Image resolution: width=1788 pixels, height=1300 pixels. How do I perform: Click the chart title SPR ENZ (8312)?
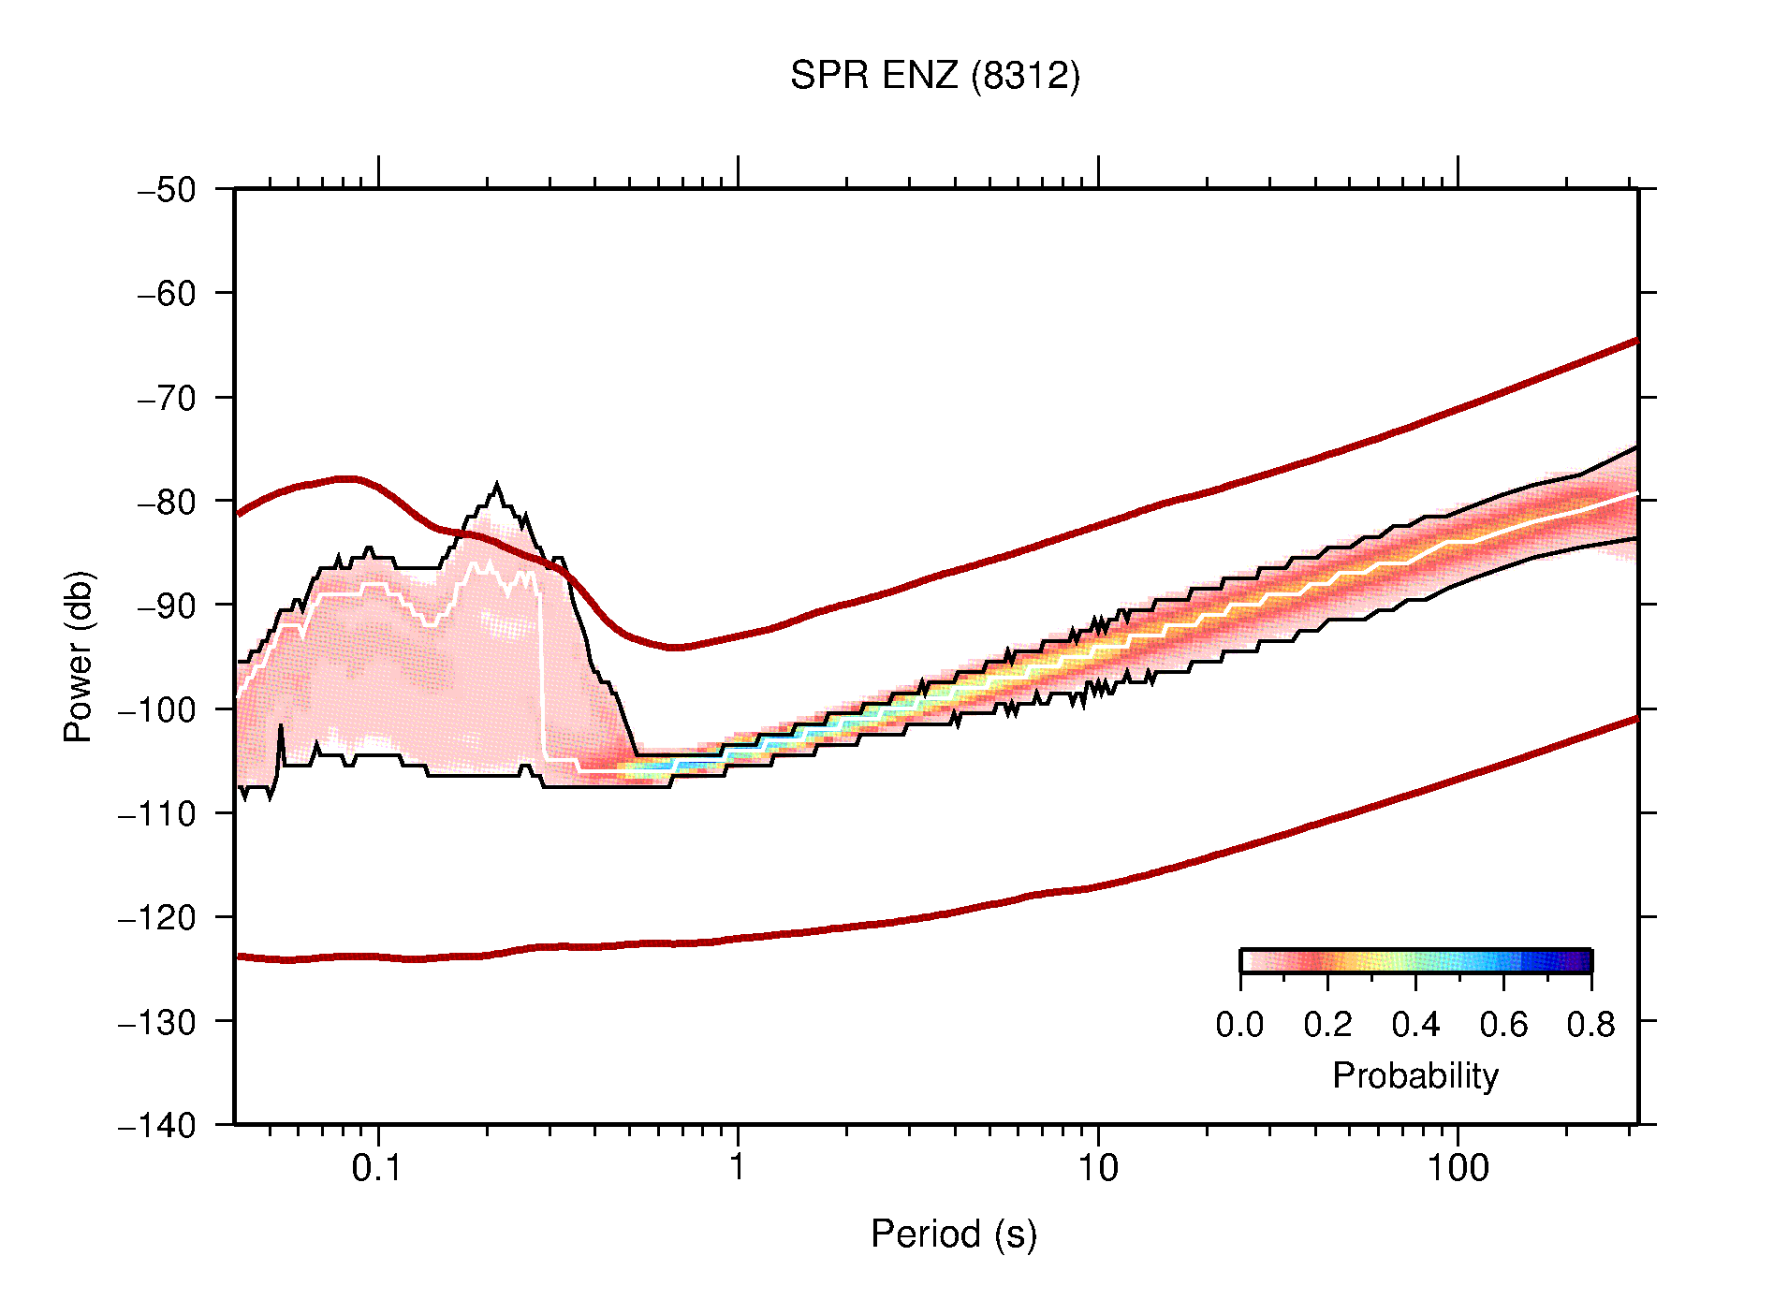point(934,76)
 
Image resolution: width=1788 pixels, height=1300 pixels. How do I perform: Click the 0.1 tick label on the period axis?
point(376,1168)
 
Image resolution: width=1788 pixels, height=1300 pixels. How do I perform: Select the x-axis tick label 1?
point(738,1168)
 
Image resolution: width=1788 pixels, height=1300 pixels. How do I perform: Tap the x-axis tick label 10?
point(1097,1168)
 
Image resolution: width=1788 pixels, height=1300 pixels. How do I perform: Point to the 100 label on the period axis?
point(1457,1168)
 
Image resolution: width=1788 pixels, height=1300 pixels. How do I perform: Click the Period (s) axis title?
point(953,1234)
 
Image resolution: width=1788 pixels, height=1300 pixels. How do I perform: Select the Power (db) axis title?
point(79,656)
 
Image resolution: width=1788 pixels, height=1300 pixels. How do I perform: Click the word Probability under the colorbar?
point(1414,1075)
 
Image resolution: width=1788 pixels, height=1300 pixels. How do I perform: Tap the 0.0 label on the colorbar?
point(1239,1025)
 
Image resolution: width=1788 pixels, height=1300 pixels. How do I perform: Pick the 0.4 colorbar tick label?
point(1415,1025)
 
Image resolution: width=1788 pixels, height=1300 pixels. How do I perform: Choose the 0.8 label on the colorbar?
point(1590,1025)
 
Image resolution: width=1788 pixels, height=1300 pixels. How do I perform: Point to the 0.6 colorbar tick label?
point(1503,1025)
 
